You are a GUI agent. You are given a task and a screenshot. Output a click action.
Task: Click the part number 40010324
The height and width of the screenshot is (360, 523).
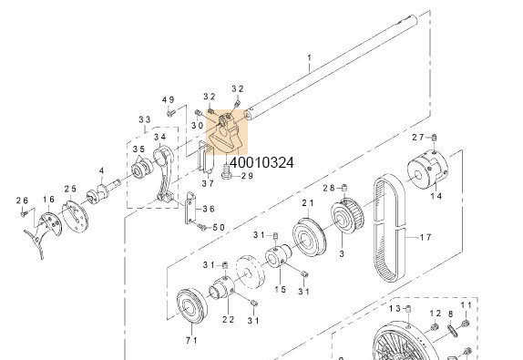point(261,163)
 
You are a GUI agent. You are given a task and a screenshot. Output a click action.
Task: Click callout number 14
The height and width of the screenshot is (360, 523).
point(436,196)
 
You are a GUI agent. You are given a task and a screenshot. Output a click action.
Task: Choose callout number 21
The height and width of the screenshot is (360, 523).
point(307,202)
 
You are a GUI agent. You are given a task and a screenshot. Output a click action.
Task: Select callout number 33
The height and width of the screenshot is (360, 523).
point(144,120)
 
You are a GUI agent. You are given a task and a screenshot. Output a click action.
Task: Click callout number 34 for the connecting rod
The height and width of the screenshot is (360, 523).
point(159,137)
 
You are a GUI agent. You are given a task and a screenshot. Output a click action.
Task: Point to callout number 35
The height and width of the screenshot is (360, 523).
point(138,149)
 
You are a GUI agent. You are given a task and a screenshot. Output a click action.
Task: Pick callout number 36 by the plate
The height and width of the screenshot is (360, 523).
point(209,209)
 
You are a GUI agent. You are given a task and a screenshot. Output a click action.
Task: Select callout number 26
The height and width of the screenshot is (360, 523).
point(23,200)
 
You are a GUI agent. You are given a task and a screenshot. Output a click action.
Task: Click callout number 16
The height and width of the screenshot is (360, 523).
point(47,200)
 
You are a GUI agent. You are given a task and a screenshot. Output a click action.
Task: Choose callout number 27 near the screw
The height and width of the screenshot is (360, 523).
point(417,137)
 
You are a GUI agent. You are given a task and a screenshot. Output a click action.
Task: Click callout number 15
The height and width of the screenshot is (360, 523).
point(281,289)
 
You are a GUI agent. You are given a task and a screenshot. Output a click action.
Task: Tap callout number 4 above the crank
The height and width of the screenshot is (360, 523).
point(101,170)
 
